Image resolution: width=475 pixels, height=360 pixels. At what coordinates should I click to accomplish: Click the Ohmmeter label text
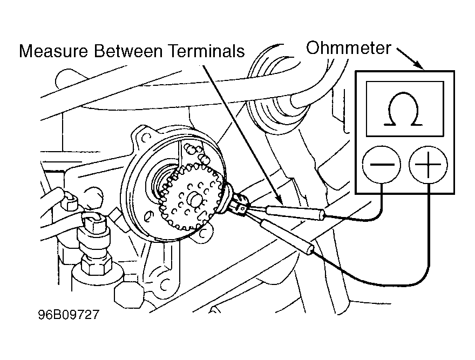click(x=348, y=48)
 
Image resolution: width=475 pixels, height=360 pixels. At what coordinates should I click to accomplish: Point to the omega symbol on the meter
click(x=405, y=110)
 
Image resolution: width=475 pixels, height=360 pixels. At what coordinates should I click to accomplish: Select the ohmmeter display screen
click(x=405, y=108)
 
